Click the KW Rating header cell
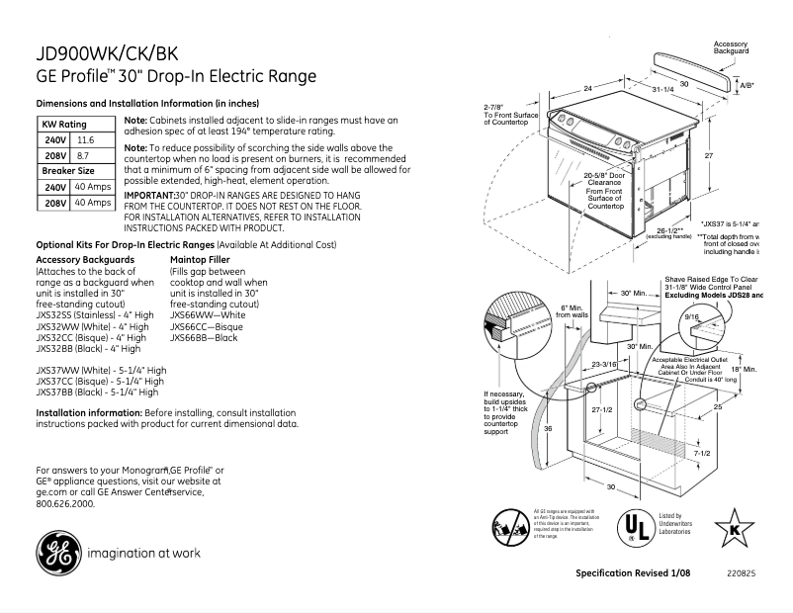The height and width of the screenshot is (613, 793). click(63, 125)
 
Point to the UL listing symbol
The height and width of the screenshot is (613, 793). click(636, 525)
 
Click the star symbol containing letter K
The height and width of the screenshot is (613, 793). click(734, 525)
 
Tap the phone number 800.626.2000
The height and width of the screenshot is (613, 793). click(64, 503)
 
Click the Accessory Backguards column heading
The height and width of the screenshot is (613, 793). click(85, 259)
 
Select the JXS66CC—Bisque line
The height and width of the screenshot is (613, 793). click(206, 326)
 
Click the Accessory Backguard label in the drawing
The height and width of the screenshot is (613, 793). click(731, 48)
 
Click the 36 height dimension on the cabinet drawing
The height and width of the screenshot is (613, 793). click(547, 428)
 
